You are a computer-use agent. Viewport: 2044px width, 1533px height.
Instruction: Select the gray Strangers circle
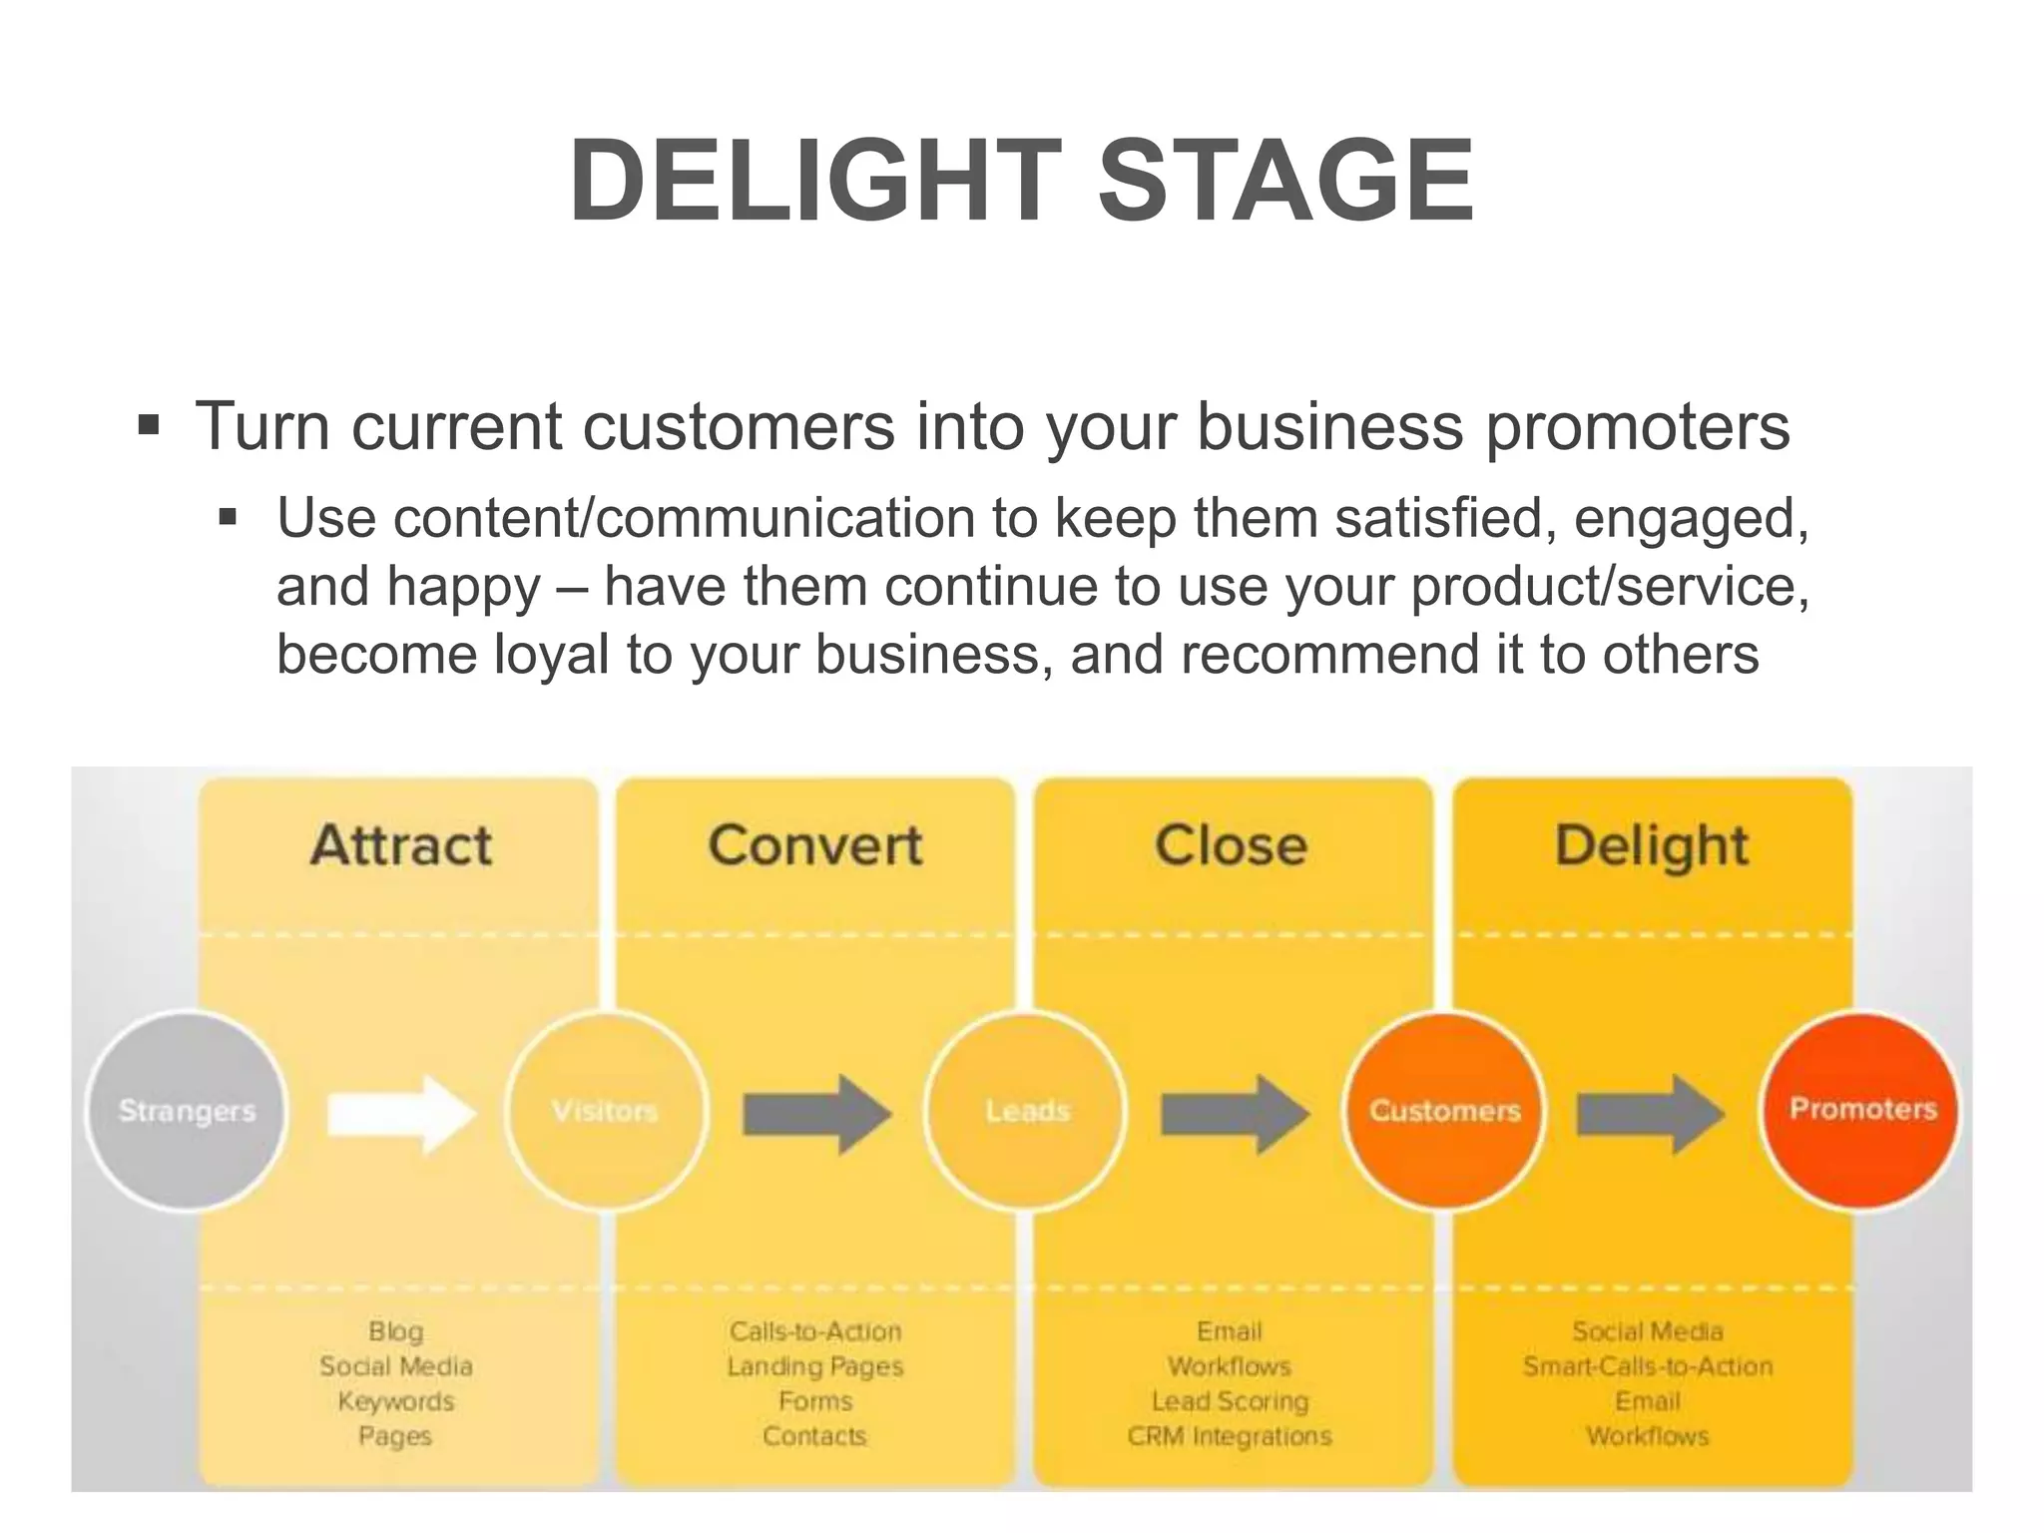(x=187, y=1111)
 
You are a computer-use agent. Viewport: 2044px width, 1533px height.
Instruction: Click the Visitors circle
(x=606, y=1111)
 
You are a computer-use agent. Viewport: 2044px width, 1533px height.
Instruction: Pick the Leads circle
(x=1027, y=1111)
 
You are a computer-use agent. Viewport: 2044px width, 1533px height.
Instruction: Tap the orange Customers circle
(x=1444, y=1111)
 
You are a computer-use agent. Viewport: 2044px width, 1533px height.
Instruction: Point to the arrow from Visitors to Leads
(x=816, y=1114)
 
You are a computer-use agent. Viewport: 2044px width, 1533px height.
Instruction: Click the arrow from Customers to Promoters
(x=1650, y=1114)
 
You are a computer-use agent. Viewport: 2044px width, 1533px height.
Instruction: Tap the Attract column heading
(x=401, y=845)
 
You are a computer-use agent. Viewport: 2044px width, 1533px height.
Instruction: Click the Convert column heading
(x=815, y=845)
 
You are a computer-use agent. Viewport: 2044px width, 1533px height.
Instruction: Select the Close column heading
(x=1231, y=845)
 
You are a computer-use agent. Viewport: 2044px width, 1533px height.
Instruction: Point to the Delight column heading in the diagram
(x=1652, y=847)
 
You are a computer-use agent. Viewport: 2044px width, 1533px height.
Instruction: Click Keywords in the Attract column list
(x=396, y=1401)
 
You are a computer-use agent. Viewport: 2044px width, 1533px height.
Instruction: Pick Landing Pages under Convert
(x=815, y=1366)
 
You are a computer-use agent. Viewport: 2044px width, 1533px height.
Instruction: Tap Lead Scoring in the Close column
(x=1230, y=1401)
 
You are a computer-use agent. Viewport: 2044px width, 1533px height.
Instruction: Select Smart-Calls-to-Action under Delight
(x=1648, y=1366)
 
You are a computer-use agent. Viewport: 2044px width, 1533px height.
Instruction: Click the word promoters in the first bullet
(x=1637, y=427)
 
